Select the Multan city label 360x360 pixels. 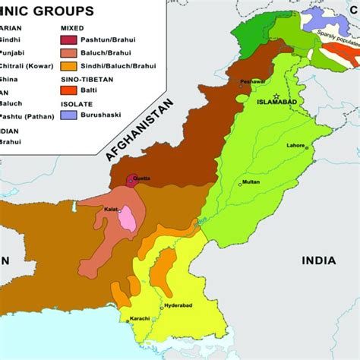coord(251,183)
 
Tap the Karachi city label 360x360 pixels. coord(139,318)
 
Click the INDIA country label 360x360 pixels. coord(318,261)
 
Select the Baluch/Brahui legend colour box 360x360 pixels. coord(69,52)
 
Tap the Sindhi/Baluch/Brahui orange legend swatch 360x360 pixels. coord(69,66)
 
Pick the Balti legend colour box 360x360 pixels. coord(69,91)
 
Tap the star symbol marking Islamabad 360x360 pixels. coord(277,95)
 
